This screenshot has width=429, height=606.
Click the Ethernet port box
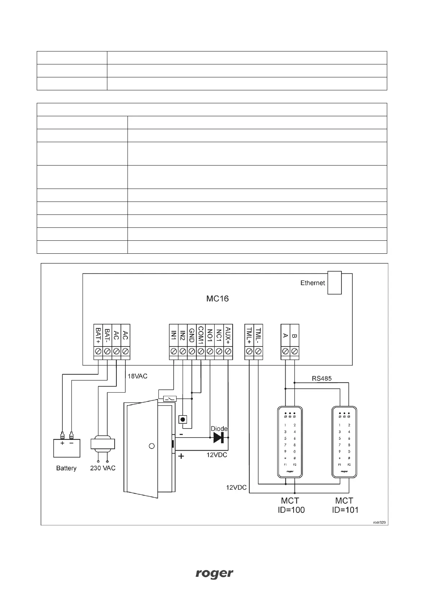coord(334,282)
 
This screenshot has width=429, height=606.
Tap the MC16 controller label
coord(218,299)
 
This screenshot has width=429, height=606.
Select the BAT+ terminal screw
coord(98,351)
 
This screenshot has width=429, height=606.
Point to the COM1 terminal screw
coord(201,351)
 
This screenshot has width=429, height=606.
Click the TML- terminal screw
coord(258,351)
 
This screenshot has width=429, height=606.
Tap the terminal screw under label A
coord(286,351)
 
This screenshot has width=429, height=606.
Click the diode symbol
coord(218,437)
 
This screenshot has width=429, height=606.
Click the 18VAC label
coord(138,376)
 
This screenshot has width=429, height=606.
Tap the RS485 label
coord(322,378)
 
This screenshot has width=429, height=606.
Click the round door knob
coord(152,446)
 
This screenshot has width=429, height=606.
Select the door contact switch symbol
coord(170,399)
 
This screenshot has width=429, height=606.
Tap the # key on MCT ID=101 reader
coord(349,458)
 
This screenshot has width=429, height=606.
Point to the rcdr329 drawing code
coord(380,523)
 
